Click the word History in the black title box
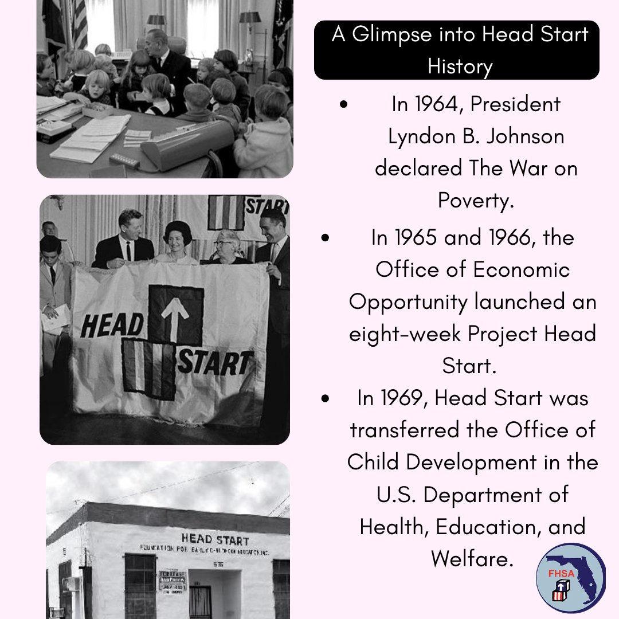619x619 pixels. click(x=460, y=67)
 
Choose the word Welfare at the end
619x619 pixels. click(x=472, y=559)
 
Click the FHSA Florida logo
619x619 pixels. click(x=570, y=578)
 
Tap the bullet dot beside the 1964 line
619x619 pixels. click(x=343, y=105)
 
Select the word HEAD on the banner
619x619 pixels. click(x=112, y=326)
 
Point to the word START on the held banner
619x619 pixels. click(x=215, y=363)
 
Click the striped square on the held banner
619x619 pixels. click(x=148, y=369)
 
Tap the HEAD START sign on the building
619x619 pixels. click(x=214, y=539)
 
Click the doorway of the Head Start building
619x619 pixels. click(x=200, y=601)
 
